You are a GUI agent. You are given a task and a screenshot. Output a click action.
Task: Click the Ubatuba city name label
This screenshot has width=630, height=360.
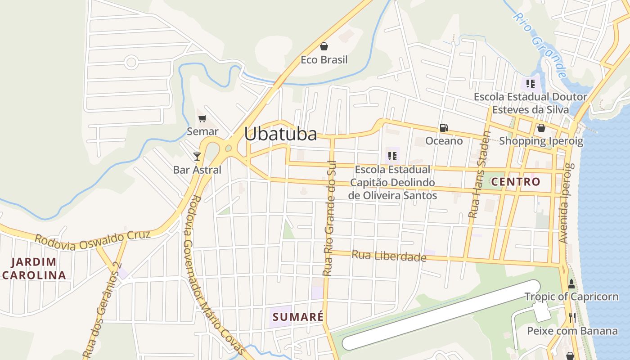[280, 134]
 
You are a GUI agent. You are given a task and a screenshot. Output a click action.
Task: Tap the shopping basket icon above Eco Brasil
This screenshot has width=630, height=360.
[324, 46]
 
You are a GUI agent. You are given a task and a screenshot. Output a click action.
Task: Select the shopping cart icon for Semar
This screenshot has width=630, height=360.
[202, 118]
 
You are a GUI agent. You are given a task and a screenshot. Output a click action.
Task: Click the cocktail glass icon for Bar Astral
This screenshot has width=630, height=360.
[197, 156]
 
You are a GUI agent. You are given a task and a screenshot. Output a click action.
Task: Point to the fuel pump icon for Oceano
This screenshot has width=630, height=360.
[444, 128]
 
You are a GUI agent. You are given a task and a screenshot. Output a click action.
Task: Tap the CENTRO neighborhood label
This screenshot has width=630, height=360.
[515, 182]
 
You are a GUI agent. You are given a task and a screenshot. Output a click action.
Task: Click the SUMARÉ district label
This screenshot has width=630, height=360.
[298, 317]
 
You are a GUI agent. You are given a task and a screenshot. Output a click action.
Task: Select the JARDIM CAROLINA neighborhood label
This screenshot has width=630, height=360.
[34, 269]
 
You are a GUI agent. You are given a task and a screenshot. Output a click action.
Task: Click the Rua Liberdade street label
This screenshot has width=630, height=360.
[389, 256]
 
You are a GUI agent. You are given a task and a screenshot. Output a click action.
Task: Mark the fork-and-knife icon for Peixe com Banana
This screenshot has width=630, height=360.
[572, 317]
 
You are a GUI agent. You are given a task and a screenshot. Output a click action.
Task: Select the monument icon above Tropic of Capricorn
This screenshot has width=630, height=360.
[571, 284]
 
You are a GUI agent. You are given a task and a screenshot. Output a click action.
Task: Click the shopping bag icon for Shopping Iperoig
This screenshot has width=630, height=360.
[541, 128]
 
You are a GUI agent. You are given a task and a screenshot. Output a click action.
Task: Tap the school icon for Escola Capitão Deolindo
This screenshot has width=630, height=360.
[392, 156]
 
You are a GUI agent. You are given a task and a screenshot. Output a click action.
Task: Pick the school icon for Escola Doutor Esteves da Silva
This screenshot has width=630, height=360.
[530, 84]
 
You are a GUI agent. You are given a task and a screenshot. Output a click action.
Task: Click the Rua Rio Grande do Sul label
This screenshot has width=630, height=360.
[329, 218]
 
